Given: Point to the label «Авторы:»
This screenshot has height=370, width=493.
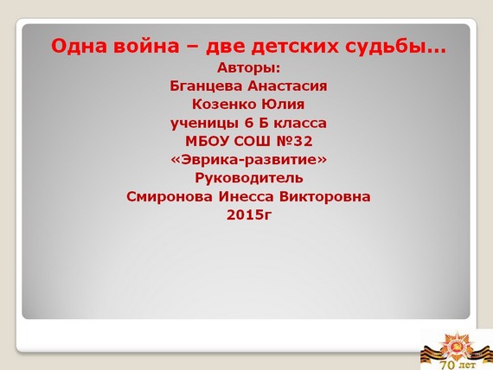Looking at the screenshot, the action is (x=248, y=67).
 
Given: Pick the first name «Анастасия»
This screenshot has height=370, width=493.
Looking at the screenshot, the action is (x=287, y=86).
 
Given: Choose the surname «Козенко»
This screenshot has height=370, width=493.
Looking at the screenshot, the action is (x=223, y=105).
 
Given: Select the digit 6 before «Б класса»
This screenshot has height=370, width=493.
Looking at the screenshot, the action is (x=249, y=123).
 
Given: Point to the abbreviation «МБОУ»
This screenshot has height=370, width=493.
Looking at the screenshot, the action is (x=208, y=142).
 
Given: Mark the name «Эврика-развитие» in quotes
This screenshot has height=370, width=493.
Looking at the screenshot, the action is (x=248, y=160).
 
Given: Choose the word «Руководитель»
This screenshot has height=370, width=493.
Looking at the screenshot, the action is (x=249, y=179).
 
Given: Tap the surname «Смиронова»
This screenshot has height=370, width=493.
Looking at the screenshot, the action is (x=170, y=197).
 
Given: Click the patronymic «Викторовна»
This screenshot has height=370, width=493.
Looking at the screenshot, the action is (x=325, y=197).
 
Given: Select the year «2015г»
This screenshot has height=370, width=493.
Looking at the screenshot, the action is (x=249, y=215).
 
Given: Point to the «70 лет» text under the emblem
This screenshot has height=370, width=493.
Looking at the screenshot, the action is (x=458, y=365).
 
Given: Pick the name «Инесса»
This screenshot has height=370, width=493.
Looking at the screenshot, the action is (x=246, y=197).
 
